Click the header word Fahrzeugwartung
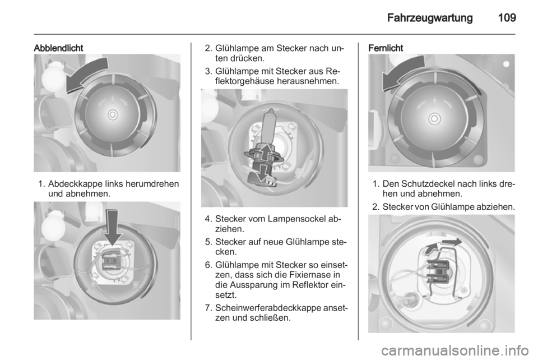430,18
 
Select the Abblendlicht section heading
58,48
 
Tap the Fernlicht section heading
386,48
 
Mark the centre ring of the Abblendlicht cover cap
113,114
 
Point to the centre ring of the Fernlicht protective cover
434,119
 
